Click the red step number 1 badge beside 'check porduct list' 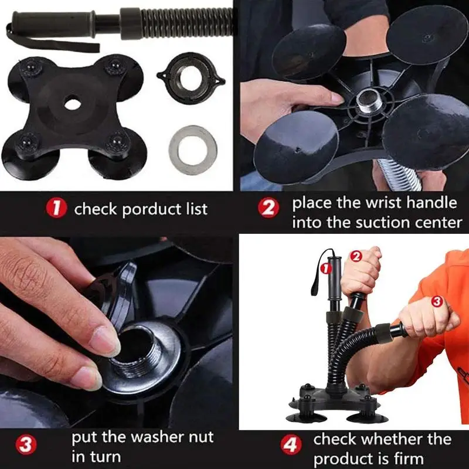[x=56, y=208]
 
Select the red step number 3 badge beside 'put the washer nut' [x=26, y=445]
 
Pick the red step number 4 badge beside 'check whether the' [x=291, y=445]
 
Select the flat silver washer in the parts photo [x=193, y=150]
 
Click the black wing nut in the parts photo [x=191, y=79]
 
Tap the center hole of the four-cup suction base [x=72, y=104]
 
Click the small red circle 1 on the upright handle [x=326, y=269]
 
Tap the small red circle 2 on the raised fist [x=356, y=256]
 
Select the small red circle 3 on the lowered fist [x=437, y=302]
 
